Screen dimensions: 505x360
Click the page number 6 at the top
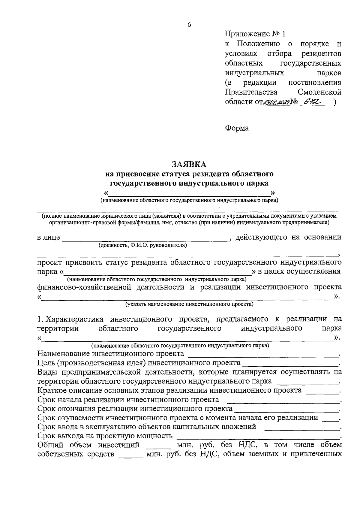tap(189, 25)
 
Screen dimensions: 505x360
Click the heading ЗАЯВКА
tap(189, 164)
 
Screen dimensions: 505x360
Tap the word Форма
tap(237, 128)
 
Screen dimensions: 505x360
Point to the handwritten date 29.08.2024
tap(276, 102)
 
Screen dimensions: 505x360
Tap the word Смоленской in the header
tap(320, 92)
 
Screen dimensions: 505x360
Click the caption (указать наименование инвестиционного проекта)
tap(189, 304)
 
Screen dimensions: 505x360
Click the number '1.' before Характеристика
tap(41, 319)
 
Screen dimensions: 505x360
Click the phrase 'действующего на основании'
tap(288, 237)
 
